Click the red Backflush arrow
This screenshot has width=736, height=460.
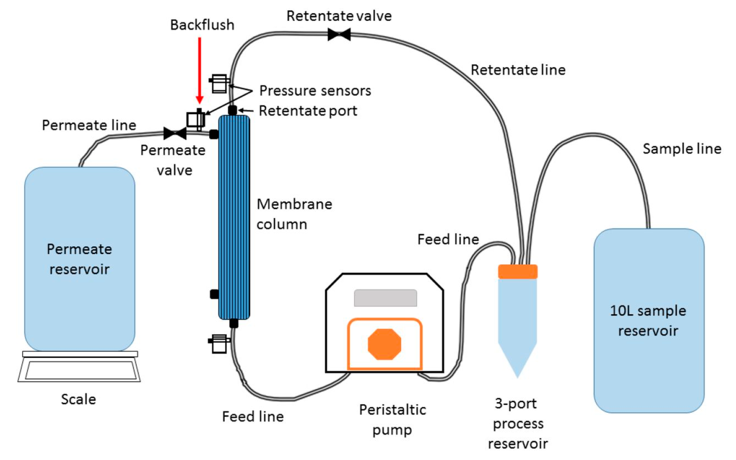tap(199, 70)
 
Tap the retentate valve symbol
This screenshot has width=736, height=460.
tap(339, 34)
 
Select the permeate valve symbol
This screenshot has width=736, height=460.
tap(175, 133)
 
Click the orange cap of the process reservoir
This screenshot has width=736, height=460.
tap(517, 272)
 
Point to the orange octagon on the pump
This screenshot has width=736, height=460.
tap(384, 344)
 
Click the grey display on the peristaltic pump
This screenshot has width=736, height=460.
tap(385, 298)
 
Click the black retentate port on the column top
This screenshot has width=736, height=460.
tap(232, 110)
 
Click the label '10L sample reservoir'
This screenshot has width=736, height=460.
tap(648, 321)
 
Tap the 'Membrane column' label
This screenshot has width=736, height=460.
tap(294, 214)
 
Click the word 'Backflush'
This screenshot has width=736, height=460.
tap(202, 25)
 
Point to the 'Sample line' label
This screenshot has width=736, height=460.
tap(682, 149)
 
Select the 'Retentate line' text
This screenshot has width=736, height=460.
tap(518, 70)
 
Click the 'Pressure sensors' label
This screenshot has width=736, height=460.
tap(315, 91)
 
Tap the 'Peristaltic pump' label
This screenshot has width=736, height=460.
tap(392, 420)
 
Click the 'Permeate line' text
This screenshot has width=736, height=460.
tap(89, 125)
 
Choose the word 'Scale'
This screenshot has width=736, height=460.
tap(78, 399)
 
